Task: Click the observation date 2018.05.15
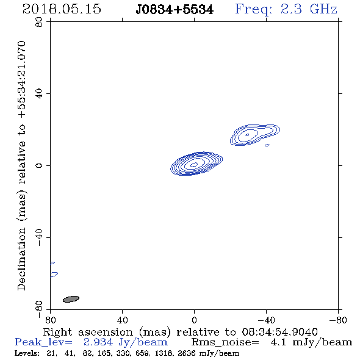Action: pyautogui.click(x=62, y=9)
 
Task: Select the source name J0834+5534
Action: pyautogui.click(x=175, y=10)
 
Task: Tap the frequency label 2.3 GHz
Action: pyautogui.click(x=309, y=9)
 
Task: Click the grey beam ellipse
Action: pyautogui.click(x=71, y=299)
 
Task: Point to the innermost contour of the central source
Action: pyautogui.click(x=194, y=164)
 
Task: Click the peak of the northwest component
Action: pyautogui.click(x=247, y=135)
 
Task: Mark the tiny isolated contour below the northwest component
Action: pyautogui.click(x=267, y=145)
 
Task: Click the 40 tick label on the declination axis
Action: pyautogui.click(x=39, y=94)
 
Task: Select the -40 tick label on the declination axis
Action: pyautogui.click(x=39, y=237)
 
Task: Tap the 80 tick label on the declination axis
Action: pyautogui.click(x=39, y=22)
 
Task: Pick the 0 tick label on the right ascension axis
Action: pyautogui.click(x=194, y=320)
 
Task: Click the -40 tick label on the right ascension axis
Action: pyautogui.click(x=266, y=320)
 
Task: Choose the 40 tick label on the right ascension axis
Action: pyautogui.click(x=123, y=320)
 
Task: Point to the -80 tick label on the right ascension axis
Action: pyautogui.click(x=338, y=320)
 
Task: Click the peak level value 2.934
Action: pyautogui.click(x=98, y=342)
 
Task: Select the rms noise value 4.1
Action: pyautogui.click(x=278, y=342)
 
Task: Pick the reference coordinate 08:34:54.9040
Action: pyautogui.click(x=279, y=332)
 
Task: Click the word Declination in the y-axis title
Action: pyautogui.click(x=21, y=259)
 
